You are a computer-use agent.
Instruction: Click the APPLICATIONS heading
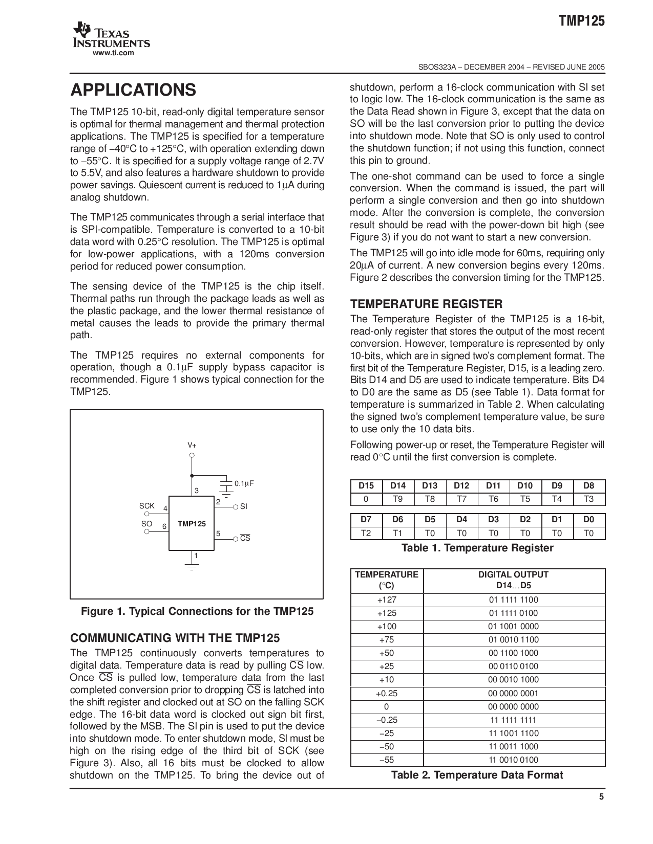tap(133, 90)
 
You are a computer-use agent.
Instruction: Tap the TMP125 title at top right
tap(581, 21)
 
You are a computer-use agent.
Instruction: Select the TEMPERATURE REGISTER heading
tap(426, 304)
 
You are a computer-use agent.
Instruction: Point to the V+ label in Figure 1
tap(192, 445)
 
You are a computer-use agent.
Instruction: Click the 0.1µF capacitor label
tap(244, 483)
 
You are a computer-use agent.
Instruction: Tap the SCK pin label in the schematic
tap(147, 506)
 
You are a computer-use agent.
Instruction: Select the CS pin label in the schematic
tap(245, 538)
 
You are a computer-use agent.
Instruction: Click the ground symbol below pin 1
tap(192, 566)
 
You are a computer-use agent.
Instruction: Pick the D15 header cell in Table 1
tap(366, 486)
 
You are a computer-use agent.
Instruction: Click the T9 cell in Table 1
tap(398, 499)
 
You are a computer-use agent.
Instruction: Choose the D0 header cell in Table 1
tap(589, 519)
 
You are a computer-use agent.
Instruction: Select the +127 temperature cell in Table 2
tap(387, 600)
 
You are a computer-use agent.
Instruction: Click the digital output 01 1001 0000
tap(513, 627)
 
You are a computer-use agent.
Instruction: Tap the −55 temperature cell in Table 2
tap(387, 760)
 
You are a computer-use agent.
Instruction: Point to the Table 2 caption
tap(477, 775)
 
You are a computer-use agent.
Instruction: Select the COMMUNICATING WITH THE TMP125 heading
tap(175, 638)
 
